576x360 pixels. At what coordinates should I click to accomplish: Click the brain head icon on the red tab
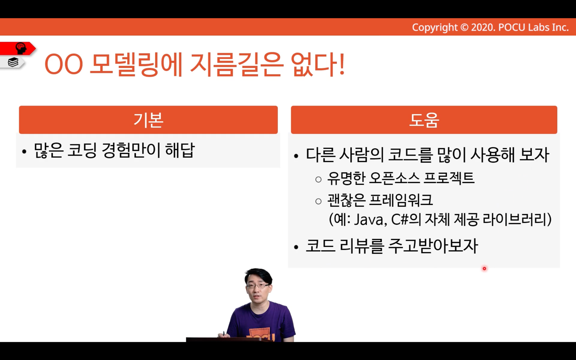tap(21, 48)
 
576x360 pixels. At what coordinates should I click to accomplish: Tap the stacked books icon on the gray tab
tap(13, 62)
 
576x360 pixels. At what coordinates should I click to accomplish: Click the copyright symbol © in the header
tap(464, 27)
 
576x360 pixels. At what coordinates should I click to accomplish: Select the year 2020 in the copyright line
tap(483, 27)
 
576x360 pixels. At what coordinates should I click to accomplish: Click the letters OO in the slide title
tap(64, 64)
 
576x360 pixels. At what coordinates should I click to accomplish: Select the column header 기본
tap(148, 120)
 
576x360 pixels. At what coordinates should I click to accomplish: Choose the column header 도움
tap(424, 120)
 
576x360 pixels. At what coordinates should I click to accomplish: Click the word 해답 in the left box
tap(180, 150)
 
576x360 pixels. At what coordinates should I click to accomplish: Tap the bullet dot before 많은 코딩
tap(24, 152)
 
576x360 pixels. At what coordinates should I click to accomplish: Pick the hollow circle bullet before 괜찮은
tap(318, 202)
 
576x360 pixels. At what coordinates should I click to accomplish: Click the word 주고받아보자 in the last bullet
tap(433, 246)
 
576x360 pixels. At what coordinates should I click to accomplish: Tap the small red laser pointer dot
tap(484, 269)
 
